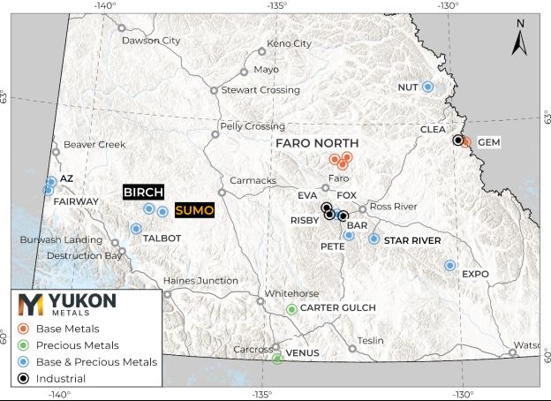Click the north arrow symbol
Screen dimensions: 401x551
click(x=520, y=38)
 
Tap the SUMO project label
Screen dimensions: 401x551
click(x=193, y=210)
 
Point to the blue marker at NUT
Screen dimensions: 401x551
click(x=427, y=87)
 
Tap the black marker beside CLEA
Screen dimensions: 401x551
click(x=457, y=140)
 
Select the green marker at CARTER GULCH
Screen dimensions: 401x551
click(x=291, y=308)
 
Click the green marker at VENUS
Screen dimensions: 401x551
click(x=277, y=358)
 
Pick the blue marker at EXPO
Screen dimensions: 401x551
click(x=449, y=265)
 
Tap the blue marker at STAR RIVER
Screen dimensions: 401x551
click(x=374, y=239)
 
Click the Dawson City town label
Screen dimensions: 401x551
click(x=150, y=41)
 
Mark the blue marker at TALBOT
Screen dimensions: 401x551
click(x=136, y=229)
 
